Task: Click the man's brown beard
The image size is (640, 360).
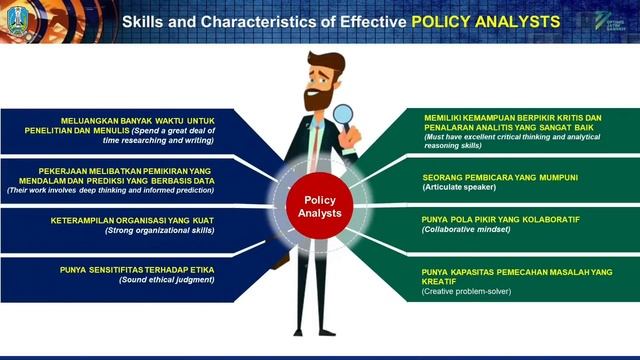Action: [319, 99]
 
